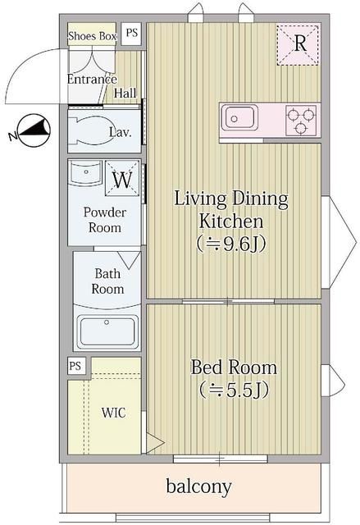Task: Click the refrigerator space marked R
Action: [298, 44]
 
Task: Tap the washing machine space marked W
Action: [122, 178]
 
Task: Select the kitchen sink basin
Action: [239, 117]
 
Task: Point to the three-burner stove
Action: [301, 120]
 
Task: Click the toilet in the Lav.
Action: [94, 130]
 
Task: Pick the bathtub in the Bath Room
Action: [107, 332]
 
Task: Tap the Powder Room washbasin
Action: [85, 173]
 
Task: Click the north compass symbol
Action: [34, 130]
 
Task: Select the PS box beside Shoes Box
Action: [131, 33]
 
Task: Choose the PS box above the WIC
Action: [75, 366]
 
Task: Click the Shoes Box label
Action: [92, 36]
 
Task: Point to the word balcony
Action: [198, 486]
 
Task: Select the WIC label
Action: [114, 413]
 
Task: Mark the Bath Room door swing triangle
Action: [129, 260]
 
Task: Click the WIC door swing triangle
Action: [154, 444]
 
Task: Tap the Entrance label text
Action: [92, 79]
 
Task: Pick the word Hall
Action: [125, 93]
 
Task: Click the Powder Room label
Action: [105, 220]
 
